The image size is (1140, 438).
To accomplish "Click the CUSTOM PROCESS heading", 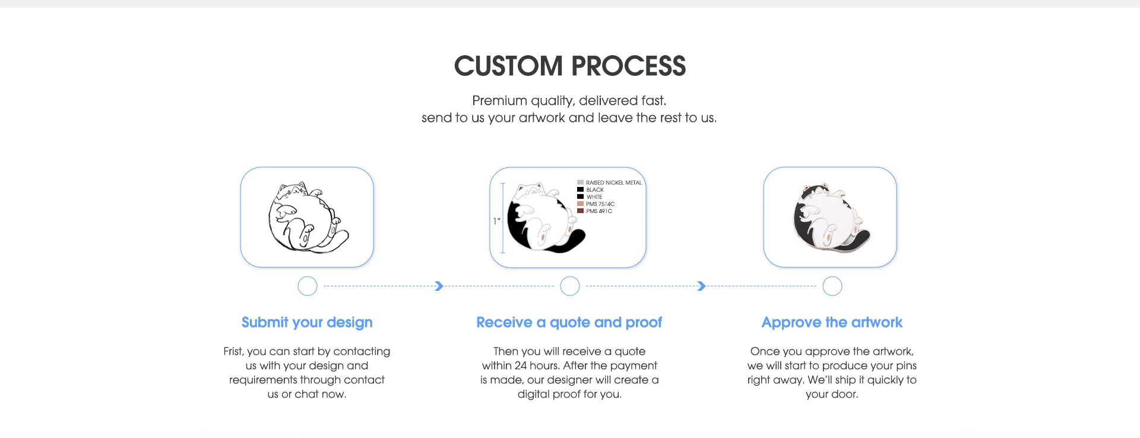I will click(x=569, y=66).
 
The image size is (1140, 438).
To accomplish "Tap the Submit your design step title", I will click(x=307, y=322).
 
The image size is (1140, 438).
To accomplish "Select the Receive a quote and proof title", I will click(x=569, y=322).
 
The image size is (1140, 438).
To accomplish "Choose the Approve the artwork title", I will click(x=832, y=322).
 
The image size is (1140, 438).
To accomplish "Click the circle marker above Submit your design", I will click(x=308, y=286).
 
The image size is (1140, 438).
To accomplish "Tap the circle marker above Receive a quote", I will click(x=570, y=286).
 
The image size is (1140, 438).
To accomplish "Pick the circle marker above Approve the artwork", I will click(x=832, y=286).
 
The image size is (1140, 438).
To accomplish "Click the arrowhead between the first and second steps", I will click(x=439, y=286).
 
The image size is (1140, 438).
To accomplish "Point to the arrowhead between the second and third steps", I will click(x=701, y=286).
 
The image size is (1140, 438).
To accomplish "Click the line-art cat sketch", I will click(x=307, y=217).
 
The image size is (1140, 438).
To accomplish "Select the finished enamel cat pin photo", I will click(x=830, y=218).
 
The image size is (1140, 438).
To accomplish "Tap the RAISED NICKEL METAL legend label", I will click(x=613, y=183).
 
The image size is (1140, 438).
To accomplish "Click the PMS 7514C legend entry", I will click(x=600, y=204).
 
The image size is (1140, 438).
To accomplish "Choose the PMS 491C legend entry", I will click(x=598, y=211).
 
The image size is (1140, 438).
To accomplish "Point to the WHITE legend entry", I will click(x=594, y=197).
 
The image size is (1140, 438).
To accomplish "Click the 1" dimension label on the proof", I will click(x=496, y=221).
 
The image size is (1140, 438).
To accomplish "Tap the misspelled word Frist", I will click(x=233, y=351).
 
